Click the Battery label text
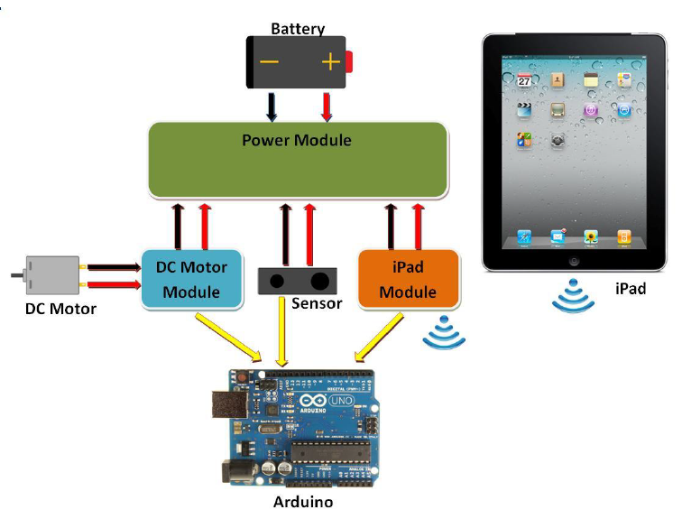tap(298, 29)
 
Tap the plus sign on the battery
tap(330, 63)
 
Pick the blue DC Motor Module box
tap(192, 279)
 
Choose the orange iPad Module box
tap(408, 279)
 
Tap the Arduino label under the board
tap(302, 502)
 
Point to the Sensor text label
tap(317, 303)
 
